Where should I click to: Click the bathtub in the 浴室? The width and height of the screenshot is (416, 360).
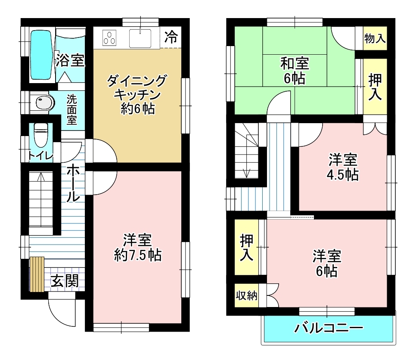click(x=41, y=55)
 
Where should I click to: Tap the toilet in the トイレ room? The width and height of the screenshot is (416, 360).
click(x=40, y=135)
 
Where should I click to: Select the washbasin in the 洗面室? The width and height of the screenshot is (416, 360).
click(x=43, y=102)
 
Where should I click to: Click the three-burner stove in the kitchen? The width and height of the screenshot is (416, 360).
click(x=109, y=38)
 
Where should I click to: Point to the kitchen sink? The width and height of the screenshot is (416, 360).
click(x=140, y=38)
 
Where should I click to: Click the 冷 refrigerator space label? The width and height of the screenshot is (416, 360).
click(x=171, y=37)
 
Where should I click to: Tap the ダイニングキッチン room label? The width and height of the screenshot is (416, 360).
click(x=137, y=95)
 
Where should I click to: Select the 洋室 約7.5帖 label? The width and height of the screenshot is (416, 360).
click(x=138, y=248)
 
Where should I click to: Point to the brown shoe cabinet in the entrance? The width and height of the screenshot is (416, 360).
click(x=37, y=274)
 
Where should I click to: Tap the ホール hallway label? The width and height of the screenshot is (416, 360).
click(x=73, y=183)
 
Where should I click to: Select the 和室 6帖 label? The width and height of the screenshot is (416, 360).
click(x=295, y=71)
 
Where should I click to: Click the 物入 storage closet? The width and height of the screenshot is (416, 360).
click(x=375, y=38)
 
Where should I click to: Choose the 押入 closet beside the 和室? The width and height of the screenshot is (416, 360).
click(x=375, y=87)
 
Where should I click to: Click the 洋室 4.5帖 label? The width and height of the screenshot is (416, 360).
click(x=343, y=167)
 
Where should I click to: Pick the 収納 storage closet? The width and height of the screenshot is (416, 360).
click(x=246, y=295)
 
